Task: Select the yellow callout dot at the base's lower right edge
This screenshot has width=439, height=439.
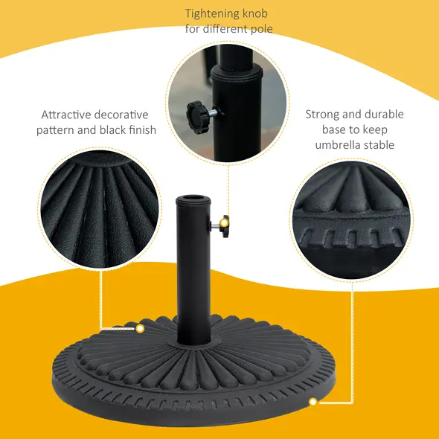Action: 313,402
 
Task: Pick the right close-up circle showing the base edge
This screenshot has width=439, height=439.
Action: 350,216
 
